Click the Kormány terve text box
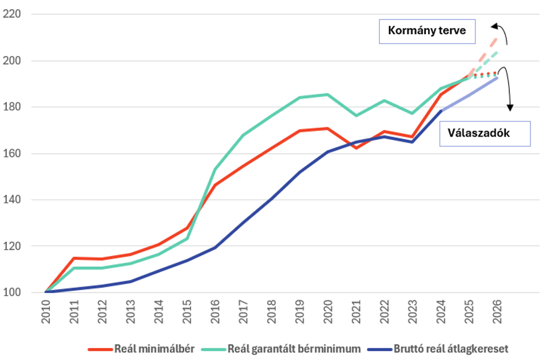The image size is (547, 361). point(427,32)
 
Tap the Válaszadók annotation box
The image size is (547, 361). point(485,133)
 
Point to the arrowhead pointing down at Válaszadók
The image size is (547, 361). point(510,108)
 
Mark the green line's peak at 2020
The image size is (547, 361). point(327,94)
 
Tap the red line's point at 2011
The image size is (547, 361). point(74,258)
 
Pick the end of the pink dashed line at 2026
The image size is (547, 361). point(496,38)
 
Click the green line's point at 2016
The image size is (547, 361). point(215,169)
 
